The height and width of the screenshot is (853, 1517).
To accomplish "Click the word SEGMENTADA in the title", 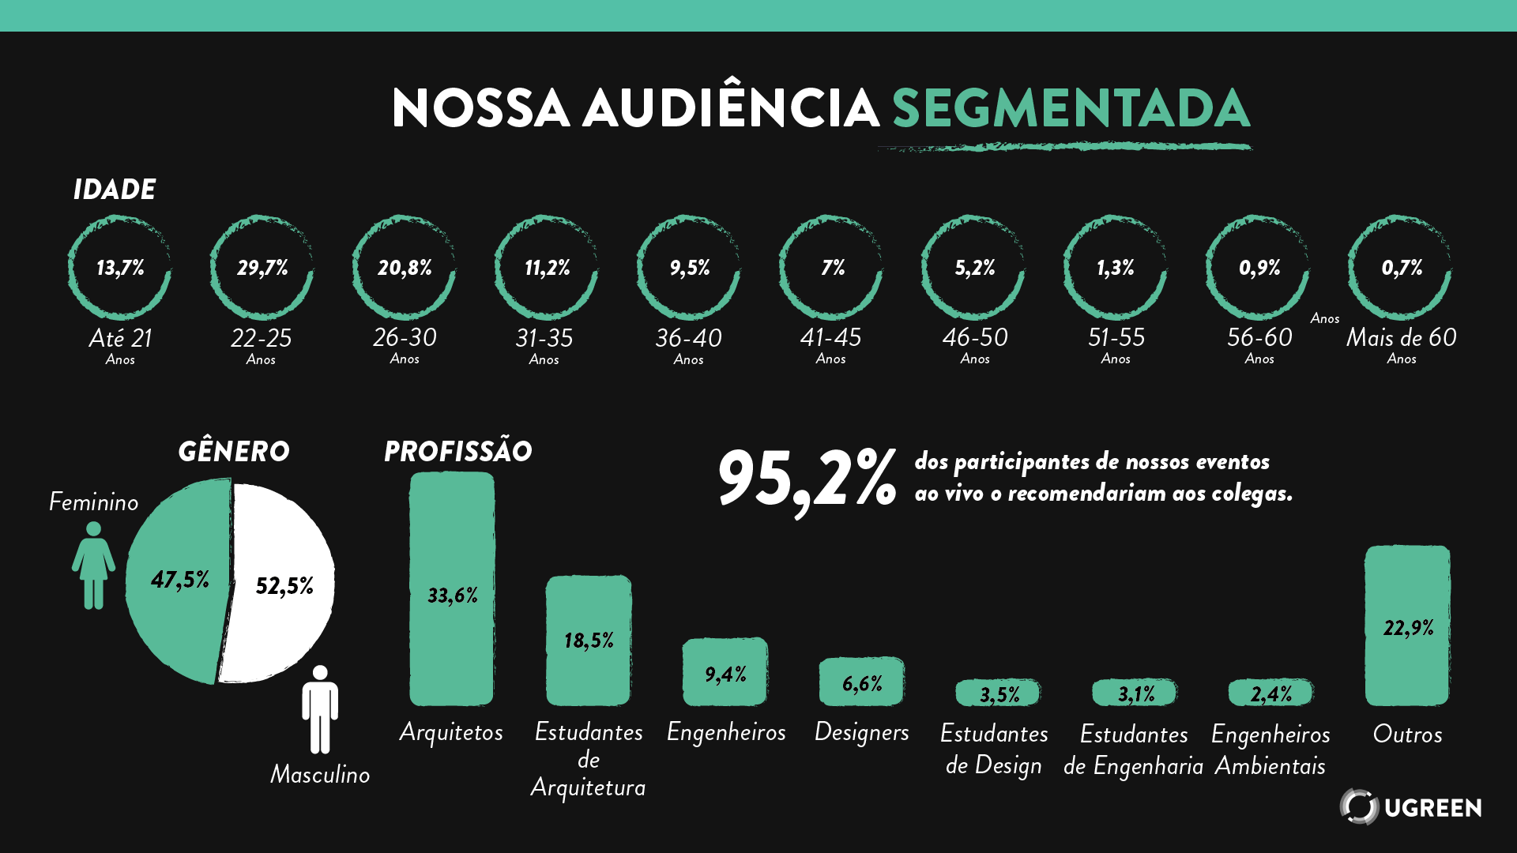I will tap(1071, 108).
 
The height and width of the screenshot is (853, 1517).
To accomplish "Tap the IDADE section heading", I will tap(115, 190).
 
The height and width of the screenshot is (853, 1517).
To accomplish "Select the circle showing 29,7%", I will tap(262, 268).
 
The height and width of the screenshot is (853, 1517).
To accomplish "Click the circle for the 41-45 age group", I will tap(830, 268).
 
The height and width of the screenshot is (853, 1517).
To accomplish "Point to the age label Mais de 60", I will tap(1401, 338).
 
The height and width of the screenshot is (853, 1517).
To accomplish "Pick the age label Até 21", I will tap(120, 339).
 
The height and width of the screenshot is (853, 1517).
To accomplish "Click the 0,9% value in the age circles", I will tap(1259, 269).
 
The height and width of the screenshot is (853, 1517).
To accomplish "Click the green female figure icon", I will tap(93, 564).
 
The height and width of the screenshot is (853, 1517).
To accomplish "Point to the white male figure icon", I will tap(320, 709).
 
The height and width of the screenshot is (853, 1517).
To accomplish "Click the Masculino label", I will tap(320, 774).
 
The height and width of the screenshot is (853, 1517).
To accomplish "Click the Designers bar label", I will tap(861, 732).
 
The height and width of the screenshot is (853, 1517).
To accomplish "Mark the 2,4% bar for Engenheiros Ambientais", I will tap(1270, 693).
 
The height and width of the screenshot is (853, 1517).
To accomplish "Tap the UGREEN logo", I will tap(1410, 806).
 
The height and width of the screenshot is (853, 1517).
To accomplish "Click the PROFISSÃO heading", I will tap(458, 452).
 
